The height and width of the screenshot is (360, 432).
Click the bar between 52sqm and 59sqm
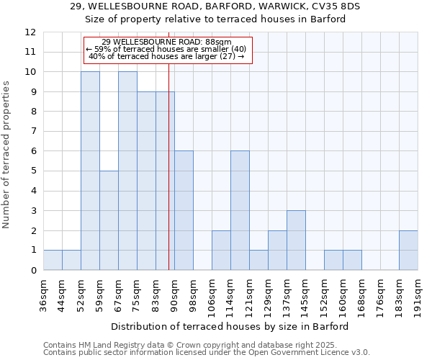[90, 171]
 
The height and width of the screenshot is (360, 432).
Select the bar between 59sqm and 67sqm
[109, 220]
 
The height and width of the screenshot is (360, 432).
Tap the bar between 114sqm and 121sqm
[240, 210]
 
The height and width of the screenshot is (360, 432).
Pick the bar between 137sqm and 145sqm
[296, 240]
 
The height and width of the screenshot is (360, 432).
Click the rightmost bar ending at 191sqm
[408, 250]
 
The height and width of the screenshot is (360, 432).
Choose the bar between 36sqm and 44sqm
[53, 260]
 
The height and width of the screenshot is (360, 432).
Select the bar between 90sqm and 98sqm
[184, 210]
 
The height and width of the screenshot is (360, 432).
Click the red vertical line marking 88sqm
[168, 180]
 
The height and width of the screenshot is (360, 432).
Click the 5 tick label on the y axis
[33, 171]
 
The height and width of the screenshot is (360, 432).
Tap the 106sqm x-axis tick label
[212, 294]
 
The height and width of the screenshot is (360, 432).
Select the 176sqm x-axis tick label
[380, 294]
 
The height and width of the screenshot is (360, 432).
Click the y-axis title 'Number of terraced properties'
[6, 154]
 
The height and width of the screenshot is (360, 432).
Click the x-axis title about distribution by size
[230, 326]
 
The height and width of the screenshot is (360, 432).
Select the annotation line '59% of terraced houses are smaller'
[168, 49]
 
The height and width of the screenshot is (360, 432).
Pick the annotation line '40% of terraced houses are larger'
[168, 57]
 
